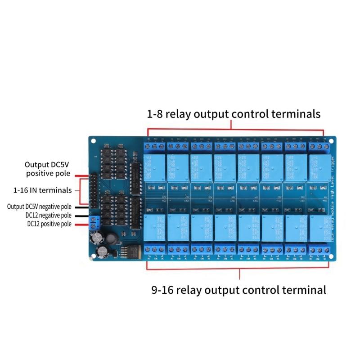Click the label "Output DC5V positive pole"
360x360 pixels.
point(47,169)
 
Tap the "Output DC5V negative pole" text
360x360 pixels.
point(39,207)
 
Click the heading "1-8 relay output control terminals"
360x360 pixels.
point(234,114)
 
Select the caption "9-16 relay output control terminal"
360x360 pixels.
point(238,290)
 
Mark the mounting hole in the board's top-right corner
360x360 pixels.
point(332,139)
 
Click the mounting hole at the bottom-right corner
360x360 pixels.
point(332,257)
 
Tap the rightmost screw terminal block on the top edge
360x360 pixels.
point(319,146)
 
